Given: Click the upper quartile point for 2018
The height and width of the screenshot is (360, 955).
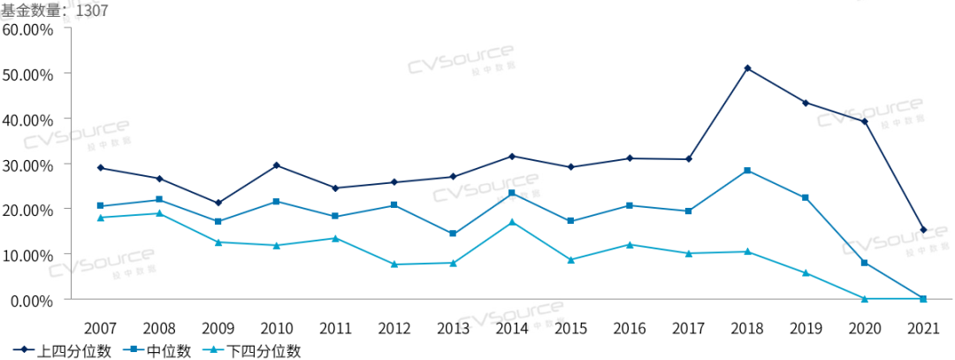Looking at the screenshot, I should (x=747, y=68).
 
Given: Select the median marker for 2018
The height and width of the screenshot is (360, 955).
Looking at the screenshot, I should (x=747, y=171).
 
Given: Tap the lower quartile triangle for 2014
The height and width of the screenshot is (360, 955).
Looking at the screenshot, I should (x=512, y=222).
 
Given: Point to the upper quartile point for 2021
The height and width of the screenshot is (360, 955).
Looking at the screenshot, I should (x=923, y=230).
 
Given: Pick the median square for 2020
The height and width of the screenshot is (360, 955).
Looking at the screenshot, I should (x=864, y=263).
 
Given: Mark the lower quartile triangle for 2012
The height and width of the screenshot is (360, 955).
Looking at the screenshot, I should (x=394, y=264).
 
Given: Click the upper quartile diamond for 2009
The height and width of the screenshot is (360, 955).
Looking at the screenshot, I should (x=218, y=203).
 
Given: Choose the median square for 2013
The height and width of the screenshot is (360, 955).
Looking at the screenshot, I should (x=453, y=234).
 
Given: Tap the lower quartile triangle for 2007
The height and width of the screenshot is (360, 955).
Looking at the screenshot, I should (x=100, y=218).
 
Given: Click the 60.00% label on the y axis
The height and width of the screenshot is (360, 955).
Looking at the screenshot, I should (x=28, y=28).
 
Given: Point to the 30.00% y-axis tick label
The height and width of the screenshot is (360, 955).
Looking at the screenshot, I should (x=28, y=165).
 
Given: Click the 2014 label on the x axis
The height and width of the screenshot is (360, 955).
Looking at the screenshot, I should (x=512, y=327).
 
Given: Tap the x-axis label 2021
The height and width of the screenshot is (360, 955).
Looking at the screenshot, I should (x=923, y=327).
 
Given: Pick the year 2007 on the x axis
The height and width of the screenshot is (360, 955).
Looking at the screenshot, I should (x=100, y=327).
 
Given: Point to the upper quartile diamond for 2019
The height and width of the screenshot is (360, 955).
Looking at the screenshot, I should (x=806, y=103).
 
